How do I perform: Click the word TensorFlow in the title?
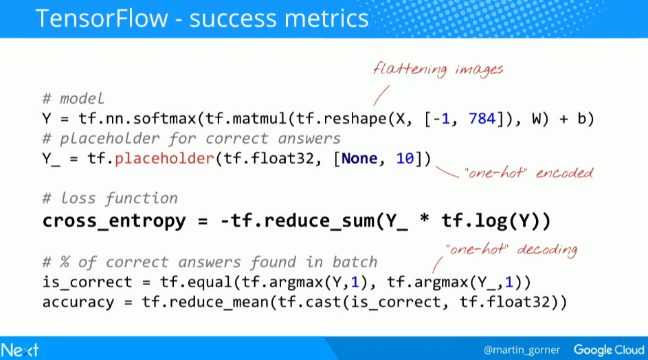pyautogui.click(x=102, y=19)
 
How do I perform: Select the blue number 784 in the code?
pyautogui.click(x=482, y=119)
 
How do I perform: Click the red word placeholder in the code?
pyautogui.click(x=164, y=159)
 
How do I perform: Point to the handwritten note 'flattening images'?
pyautogui.click(x=438, y=69)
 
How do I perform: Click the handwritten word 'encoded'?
pyautogui.click(x=565, y=172)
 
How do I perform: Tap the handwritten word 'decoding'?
pyautogui.click(x=547, y=250)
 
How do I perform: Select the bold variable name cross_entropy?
pyautogui.click(x=115, y=221)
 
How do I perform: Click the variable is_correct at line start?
pyautogui.click(x=87, y=282)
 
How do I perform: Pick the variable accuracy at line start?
pyautogui.click(x=78, y=302)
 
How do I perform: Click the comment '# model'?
pyautogui.click(x=73, y=99)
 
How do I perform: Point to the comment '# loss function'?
pyautogui.click(x=110, y=199)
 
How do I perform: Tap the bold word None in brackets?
pyautogui.click(x=359, y=159)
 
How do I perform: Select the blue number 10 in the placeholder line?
pyautogui.click(x=405, y=159)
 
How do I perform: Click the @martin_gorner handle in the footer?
pyautogui.click(x=522, y=350)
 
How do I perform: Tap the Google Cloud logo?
pyautogui.click(x=609, y=350)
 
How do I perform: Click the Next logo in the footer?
pyautogui.click(x=19, y=350)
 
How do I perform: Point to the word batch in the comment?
pyautogui.click(x=355, y=262)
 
